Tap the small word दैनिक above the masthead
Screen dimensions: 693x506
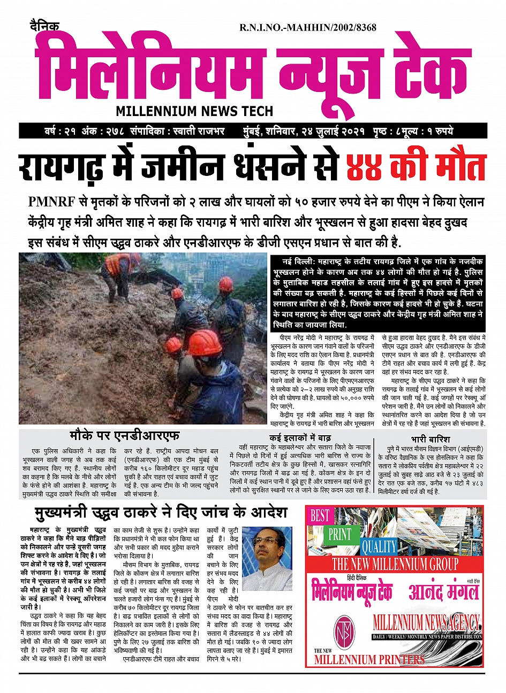[44, 26]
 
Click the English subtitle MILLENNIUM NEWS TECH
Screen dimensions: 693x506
[194, 111]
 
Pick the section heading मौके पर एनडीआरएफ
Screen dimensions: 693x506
[124, 435]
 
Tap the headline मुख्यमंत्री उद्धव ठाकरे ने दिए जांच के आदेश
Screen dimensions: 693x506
[161, 513]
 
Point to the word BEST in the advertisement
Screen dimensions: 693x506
[320, 515]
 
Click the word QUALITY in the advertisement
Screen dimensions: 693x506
[379, 546]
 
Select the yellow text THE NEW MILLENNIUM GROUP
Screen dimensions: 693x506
[395, 564]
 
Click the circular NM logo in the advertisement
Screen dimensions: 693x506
[343, 630]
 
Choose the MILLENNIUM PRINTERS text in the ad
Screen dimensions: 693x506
[369, 659]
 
